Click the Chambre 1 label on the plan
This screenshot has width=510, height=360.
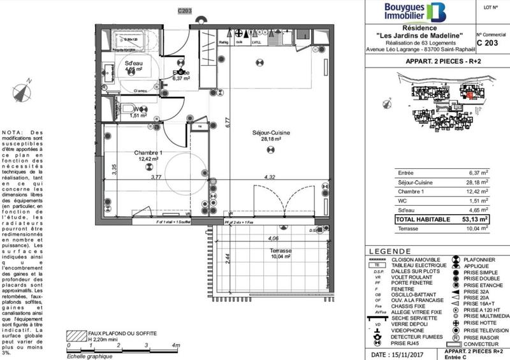pos(148,153)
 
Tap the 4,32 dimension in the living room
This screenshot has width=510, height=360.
pos(270,176)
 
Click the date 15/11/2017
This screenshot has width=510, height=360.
pos(407,354)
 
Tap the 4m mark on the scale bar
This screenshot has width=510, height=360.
pos(172,345)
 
